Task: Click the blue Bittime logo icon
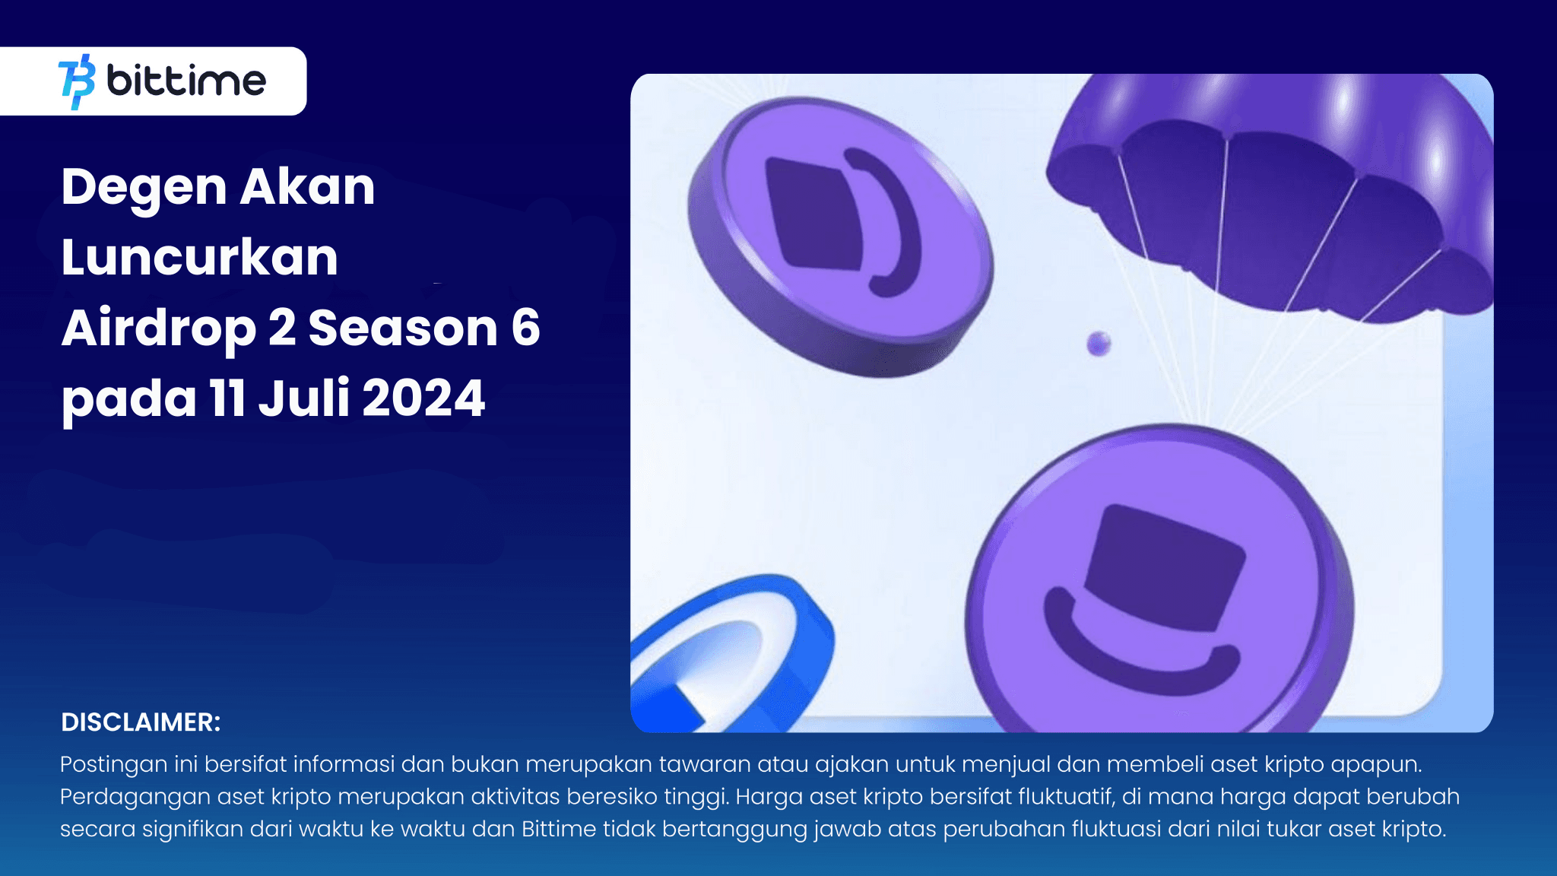pos(77,81)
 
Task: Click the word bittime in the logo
pos(186,81)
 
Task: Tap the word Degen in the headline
pos(144,188)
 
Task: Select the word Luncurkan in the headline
pos(199,257)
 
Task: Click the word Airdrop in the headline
pos(158,328)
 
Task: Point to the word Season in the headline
pos(403,328)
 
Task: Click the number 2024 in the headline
pos(423,398)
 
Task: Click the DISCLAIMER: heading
pos(141,722)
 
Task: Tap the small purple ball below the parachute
pos(1099,344)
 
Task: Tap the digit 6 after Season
pos(525,328)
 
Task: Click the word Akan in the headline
pos(307,188)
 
